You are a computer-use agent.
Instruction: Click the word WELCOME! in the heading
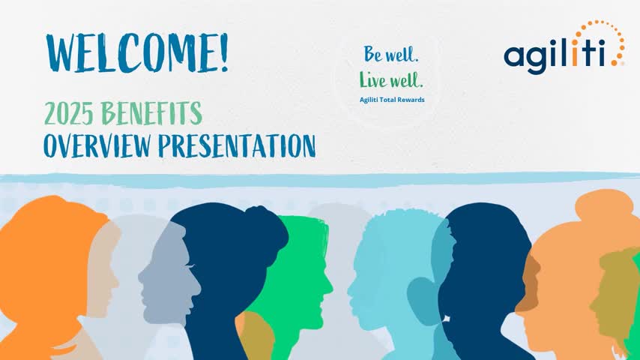pyautogui.click(x=136, y=53)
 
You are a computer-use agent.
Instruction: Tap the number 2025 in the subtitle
pyautogui.click(x=69, y=113)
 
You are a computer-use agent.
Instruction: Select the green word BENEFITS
pyautogui.click(x=151, y=113)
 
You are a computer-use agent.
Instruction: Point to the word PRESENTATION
pyautogui.click(x=237, y=145)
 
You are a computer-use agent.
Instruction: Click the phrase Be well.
pyautogui.click(x=391, y=54)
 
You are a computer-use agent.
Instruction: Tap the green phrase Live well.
pyautogui.click(x=390, y=79)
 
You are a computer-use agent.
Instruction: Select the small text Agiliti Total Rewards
pyautogui.click(x=392, y=100)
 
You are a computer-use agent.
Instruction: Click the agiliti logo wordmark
pyautogui.click(x=555, y=56)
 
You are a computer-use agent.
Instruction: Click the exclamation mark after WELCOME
pyautogui.click(x=223, y=53)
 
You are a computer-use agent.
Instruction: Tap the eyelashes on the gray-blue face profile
pyautogui.click(x=191, y=267)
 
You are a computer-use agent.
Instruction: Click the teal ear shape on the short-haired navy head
pyautogui.click(x=424, y=300)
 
